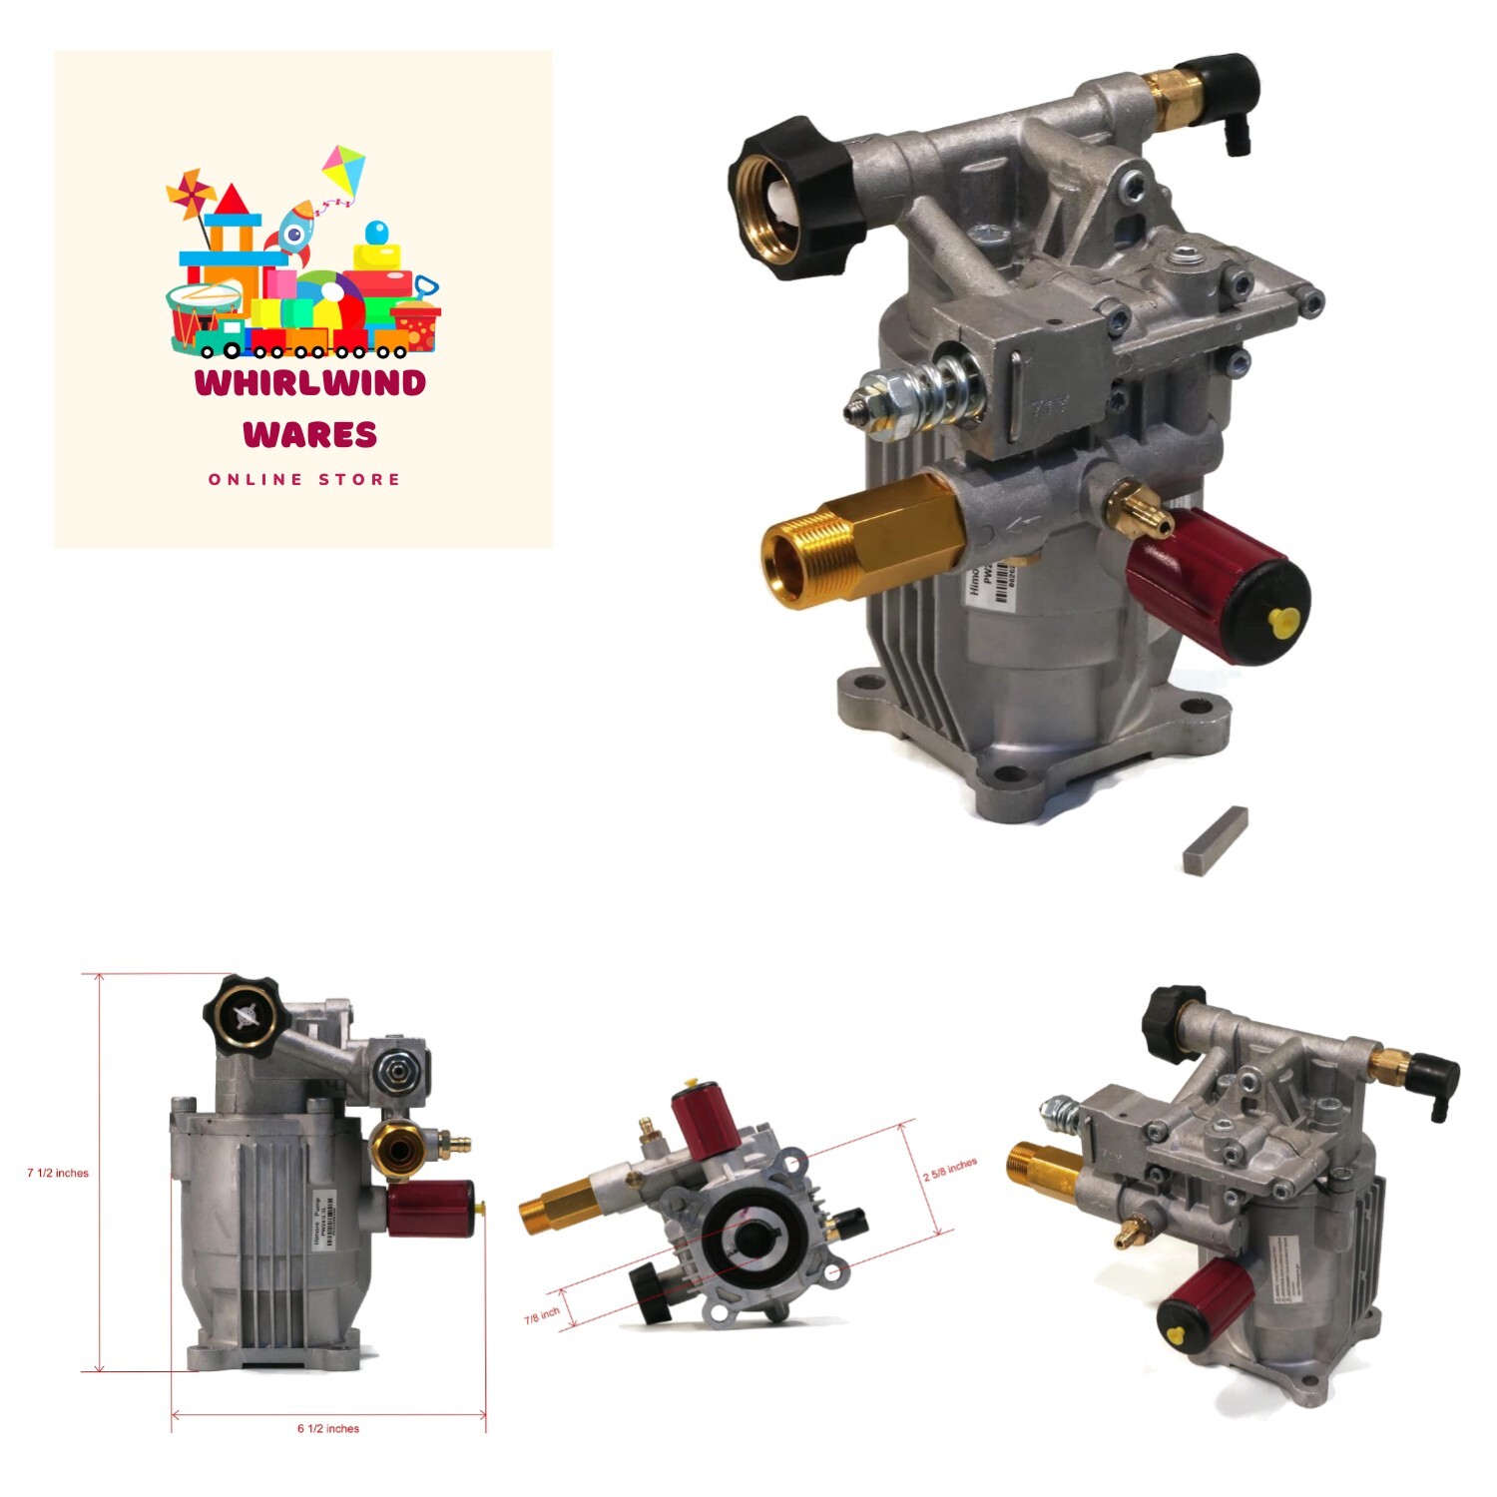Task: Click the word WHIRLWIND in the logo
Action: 310,382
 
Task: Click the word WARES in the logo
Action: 310,434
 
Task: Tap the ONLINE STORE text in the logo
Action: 304,480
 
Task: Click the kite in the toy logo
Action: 344,171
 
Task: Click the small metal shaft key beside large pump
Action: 1216,839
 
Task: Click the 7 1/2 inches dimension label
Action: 58,1173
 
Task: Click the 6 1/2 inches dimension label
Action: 328,1428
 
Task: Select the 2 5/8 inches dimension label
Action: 949,1170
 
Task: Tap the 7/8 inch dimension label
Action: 542,1316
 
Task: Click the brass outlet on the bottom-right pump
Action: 1044,1166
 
